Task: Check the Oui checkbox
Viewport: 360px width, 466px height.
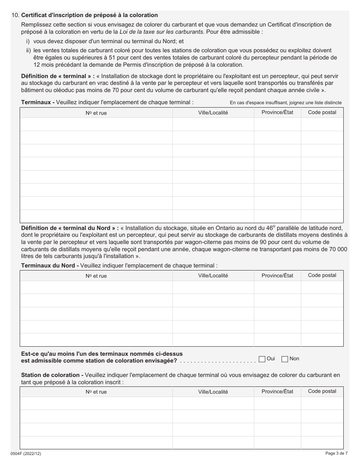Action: click(x=262, y=359)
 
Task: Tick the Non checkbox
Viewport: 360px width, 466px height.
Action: click(x=285, y=359)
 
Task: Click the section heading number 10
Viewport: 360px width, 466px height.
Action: click(x=15, y=15)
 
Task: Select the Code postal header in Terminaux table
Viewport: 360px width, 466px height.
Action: click(x=322, y=112)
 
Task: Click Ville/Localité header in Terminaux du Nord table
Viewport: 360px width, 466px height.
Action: click(x=213, y=276)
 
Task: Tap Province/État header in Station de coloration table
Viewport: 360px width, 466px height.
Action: click(x=277, y=391)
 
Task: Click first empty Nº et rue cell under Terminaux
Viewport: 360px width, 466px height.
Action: click(x=96, y=124)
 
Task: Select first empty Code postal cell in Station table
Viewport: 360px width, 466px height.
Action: click(x=322, y=403)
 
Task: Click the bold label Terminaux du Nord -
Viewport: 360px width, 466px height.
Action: click(x=50, y=266)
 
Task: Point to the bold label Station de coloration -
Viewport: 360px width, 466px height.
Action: click(x=52, y=375)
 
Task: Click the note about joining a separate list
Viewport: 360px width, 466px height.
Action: click(x=286, y=103)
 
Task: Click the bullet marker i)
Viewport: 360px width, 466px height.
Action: click(x=28, y=41)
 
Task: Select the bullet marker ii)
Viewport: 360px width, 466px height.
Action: click(x=28, y=50)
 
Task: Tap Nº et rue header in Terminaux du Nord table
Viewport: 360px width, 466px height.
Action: click(x=96, y=276)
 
